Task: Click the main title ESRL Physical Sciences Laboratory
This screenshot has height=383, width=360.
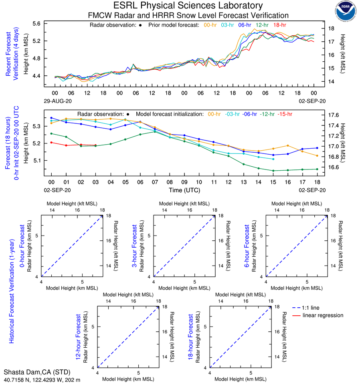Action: pyautogui.click(x=188, y=6)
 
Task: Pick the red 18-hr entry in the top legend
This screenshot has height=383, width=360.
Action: pyautogui.click(x=279, y=25)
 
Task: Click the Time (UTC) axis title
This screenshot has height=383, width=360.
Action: pyautogui.click(x=185, y=190)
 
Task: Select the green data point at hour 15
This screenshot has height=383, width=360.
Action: pyautogui.click(x=273, y=171)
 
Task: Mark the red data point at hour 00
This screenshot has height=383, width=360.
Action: pyautogui.click(x=51, y=142)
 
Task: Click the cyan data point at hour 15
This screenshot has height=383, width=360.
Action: pyautogui.click(x=273, y=159)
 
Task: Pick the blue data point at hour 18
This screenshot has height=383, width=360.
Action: pyautogui.click(x=317, y=148)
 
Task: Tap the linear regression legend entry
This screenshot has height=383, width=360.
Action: pyautogui.click(x=323, y=315)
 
